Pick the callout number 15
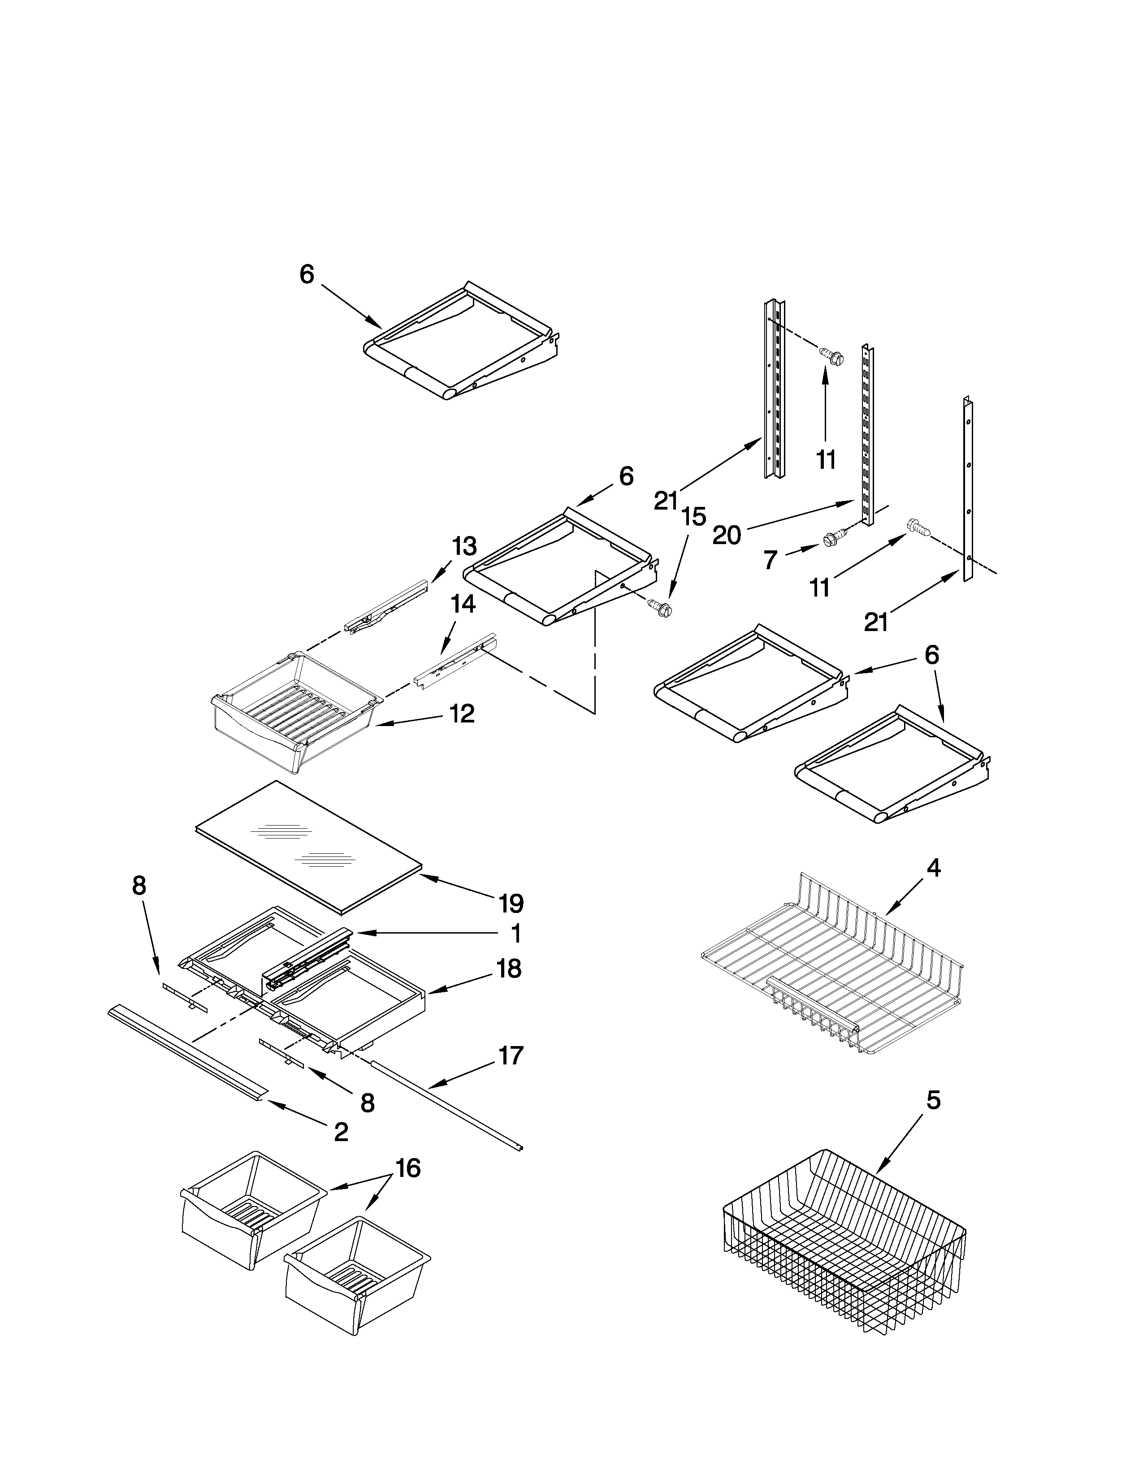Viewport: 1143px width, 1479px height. pos(693,517)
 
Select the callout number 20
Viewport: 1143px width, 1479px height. pos(727,536)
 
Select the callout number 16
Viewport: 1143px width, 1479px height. pos(407,1168)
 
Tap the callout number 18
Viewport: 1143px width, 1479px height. pos(509,969)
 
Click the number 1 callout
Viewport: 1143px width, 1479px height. pos(516,934)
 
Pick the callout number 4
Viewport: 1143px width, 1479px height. pos(933,868)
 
